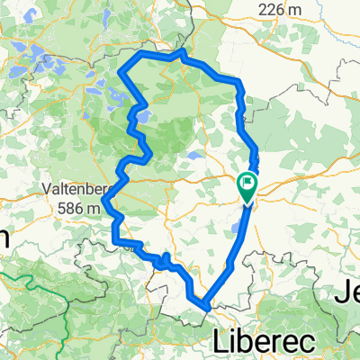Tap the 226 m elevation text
coord(276,9)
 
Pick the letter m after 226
coord(294,10)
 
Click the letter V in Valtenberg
coord(48,190)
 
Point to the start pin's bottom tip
coord(247,200)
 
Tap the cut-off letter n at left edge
coord(4,238)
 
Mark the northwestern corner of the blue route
coord(137,55)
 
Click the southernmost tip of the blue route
coord(207,310)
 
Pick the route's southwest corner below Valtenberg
coord(114,240)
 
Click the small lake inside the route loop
coord(193,154)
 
